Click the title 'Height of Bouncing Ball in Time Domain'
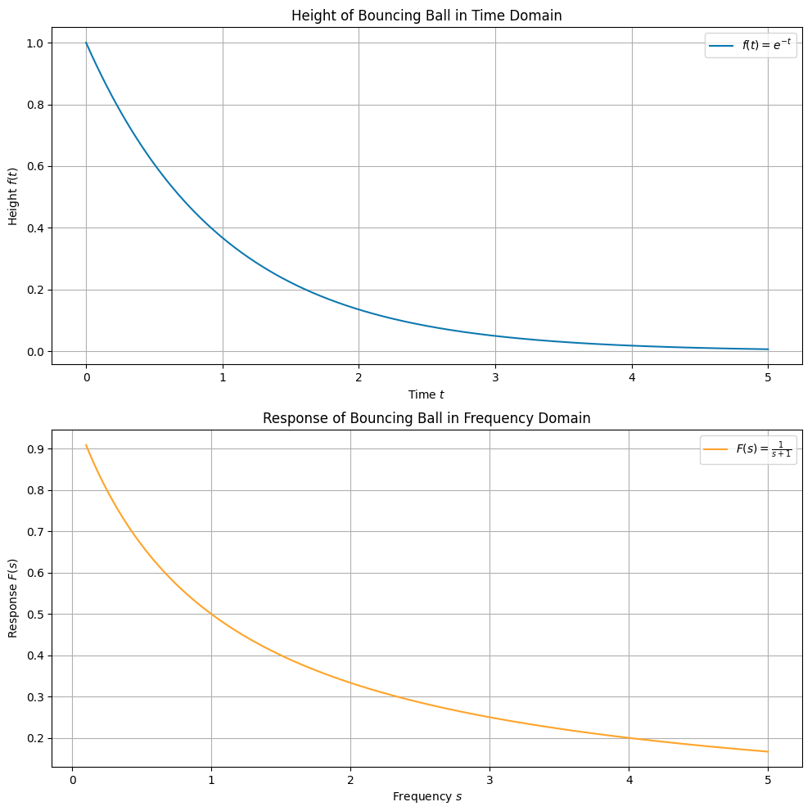426,15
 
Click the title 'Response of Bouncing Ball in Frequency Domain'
426,418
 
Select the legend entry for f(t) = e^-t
751,46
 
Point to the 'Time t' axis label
426,394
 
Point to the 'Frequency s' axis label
426,796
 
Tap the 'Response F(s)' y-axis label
13,598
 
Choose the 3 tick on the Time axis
495,377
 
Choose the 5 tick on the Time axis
768,377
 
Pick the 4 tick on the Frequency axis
629,780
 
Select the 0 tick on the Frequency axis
72,780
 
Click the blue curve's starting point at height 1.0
86,43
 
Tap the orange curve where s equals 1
211,614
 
